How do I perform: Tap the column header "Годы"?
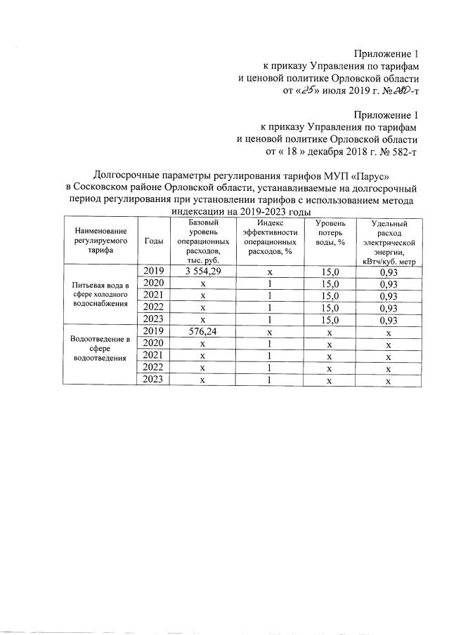pos(154,241)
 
